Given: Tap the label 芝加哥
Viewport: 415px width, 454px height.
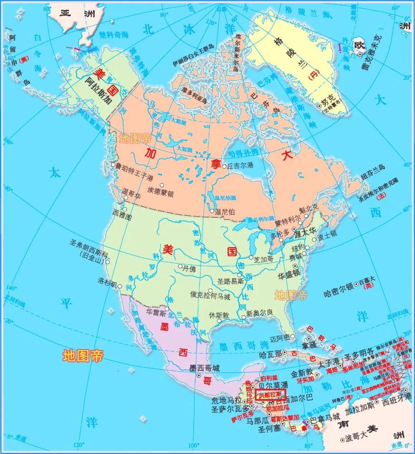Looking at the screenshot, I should click(x=264, y=259).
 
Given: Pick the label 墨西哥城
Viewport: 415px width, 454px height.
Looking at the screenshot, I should click(x=205, y=368).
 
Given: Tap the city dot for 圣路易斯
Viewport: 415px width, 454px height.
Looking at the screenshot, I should click(x=240, y=275).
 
